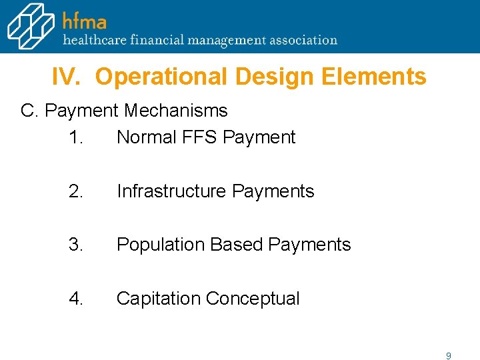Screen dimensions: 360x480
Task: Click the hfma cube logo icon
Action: click(30, 27)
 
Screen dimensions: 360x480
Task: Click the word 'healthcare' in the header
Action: click(93, 40)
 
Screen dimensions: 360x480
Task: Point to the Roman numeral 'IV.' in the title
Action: click(67, 77)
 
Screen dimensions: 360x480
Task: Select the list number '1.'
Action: click(75, 137)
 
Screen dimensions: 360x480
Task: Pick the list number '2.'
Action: click(76, 191)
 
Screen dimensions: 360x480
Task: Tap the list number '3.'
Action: click(76, 245)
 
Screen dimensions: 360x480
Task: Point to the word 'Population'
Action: click(161, 245)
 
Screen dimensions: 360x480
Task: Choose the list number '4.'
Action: click(76, 299)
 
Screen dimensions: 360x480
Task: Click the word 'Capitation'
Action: click(159, 299)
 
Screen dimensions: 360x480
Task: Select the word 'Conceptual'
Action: click(253, 299)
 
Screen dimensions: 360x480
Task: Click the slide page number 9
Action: click(449, 356)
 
